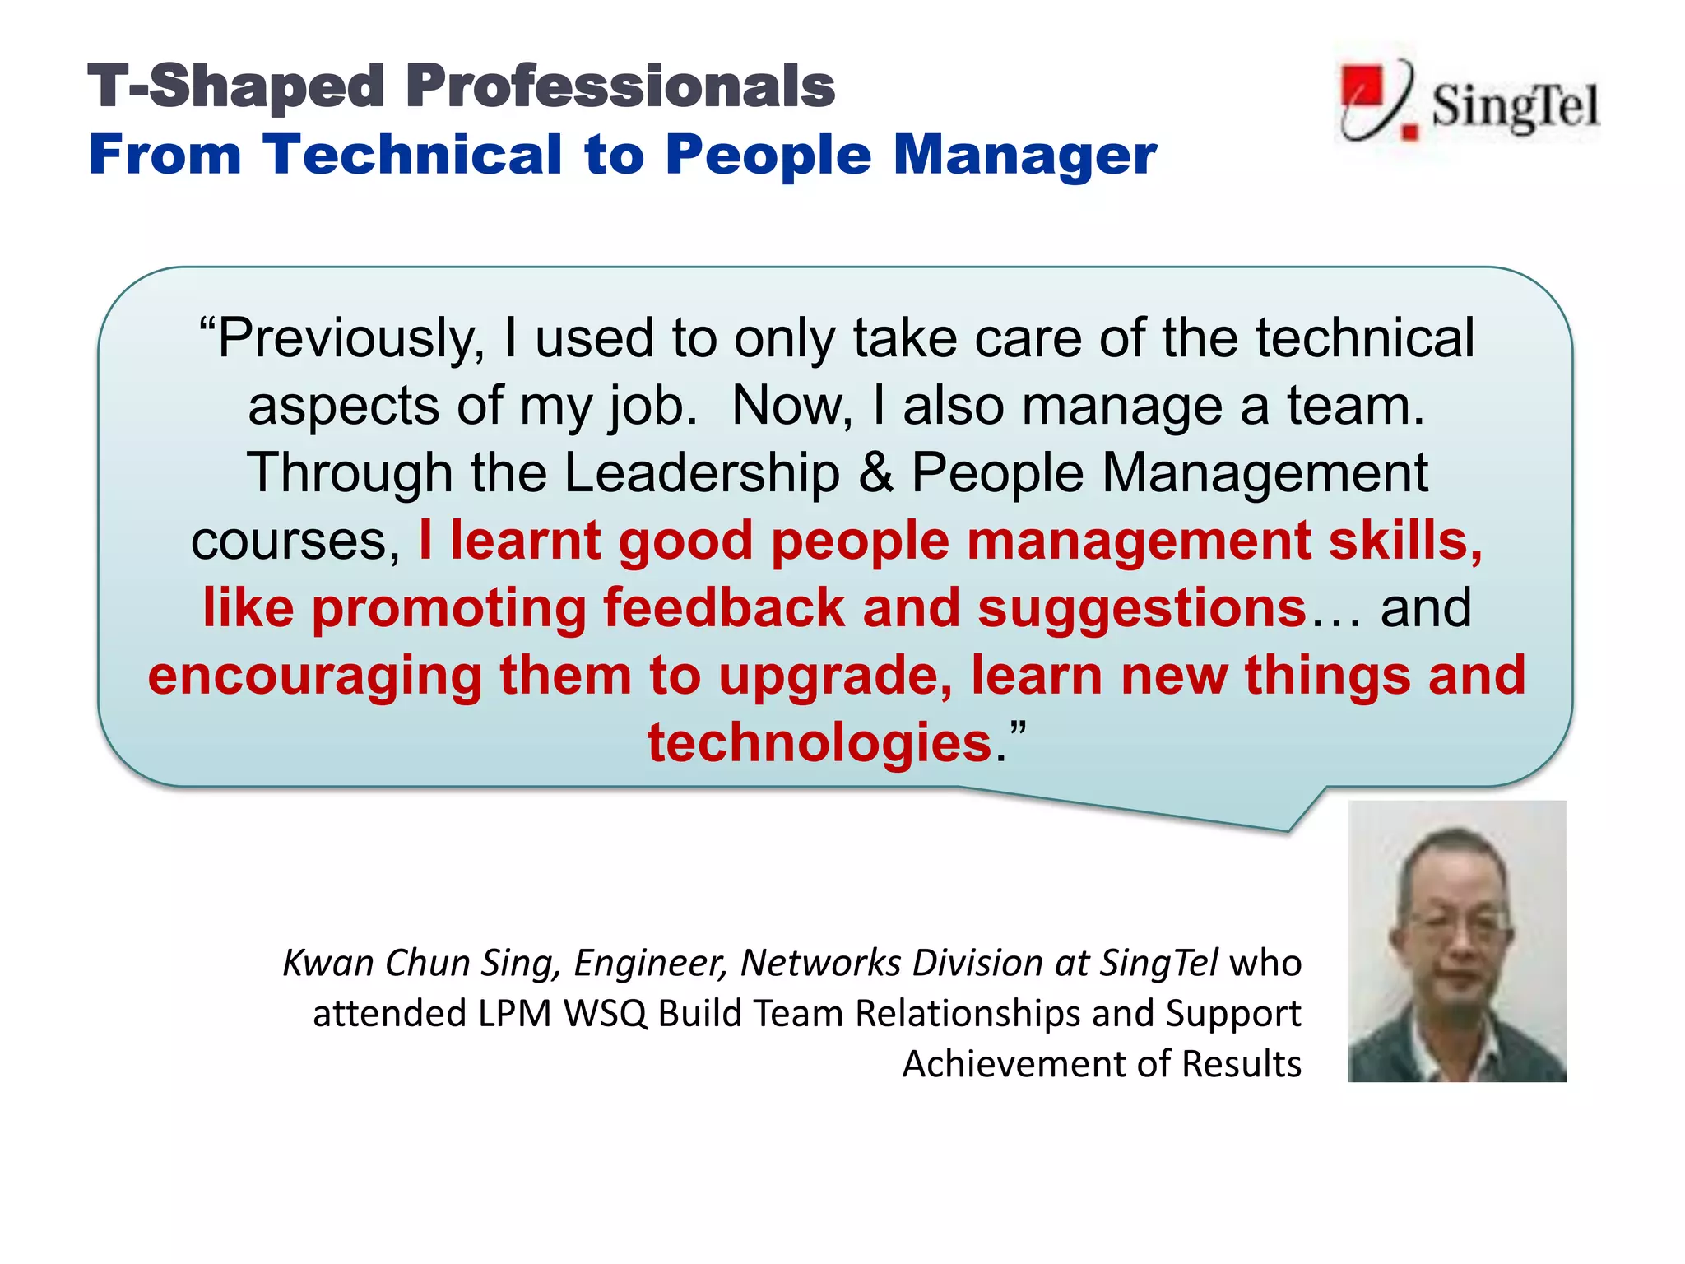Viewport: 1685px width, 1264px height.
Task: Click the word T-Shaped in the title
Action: tap(235, 86)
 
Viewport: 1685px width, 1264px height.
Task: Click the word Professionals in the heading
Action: tap(620, 86)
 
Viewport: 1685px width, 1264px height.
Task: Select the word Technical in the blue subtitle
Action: tap(412, 155)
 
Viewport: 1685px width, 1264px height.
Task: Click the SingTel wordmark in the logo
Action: tap(1515, 107)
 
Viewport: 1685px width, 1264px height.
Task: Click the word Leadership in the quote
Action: tap(702, 474)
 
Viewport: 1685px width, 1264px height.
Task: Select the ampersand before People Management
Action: tap(875, 474)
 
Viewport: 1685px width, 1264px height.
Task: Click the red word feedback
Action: tap(724, 609)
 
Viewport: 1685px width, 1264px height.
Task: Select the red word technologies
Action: tap(819, 743)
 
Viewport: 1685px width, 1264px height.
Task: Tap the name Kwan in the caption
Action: tap(327, 963)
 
